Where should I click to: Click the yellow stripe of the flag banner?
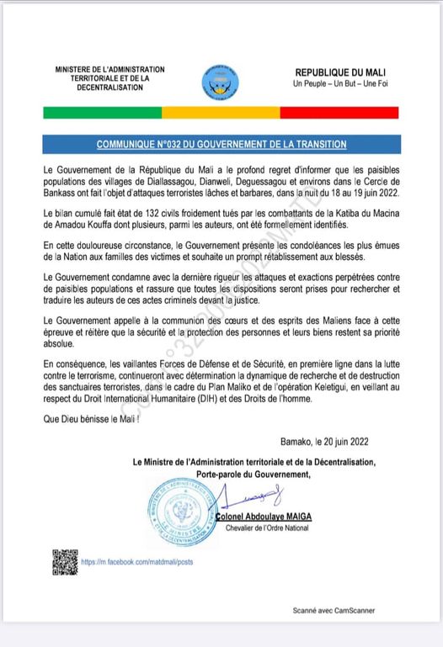221,113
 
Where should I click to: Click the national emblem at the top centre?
221,82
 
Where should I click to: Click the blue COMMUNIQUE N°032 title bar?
221,144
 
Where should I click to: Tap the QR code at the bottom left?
62,559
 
